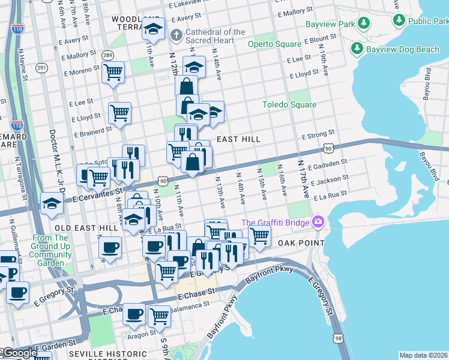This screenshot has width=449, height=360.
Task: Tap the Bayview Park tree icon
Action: pos(363,23)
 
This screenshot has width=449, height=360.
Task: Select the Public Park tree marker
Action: pos(399,20)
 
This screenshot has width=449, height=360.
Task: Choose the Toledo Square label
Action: pos(289,105)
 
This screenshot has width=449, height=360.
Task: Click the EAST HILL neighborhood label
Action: pos(238,139)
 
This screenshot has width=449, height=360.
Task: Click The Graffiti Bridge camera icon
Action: pos(317,223)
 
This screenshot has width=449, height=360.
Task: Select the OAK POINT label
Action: pos(300,243)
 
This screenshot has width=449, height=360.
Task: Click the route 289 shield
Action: pos(107,55)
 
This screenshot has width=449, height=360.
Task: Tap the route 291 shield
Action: pos(41,68)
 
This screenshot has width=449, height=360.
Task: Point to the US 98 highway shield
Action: pos(339,340)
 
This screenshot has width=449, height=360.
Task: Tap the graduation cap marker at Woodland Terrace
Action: pos(154,29)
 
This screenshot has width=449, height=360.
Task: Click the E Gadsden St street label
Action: pos(327,165)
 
